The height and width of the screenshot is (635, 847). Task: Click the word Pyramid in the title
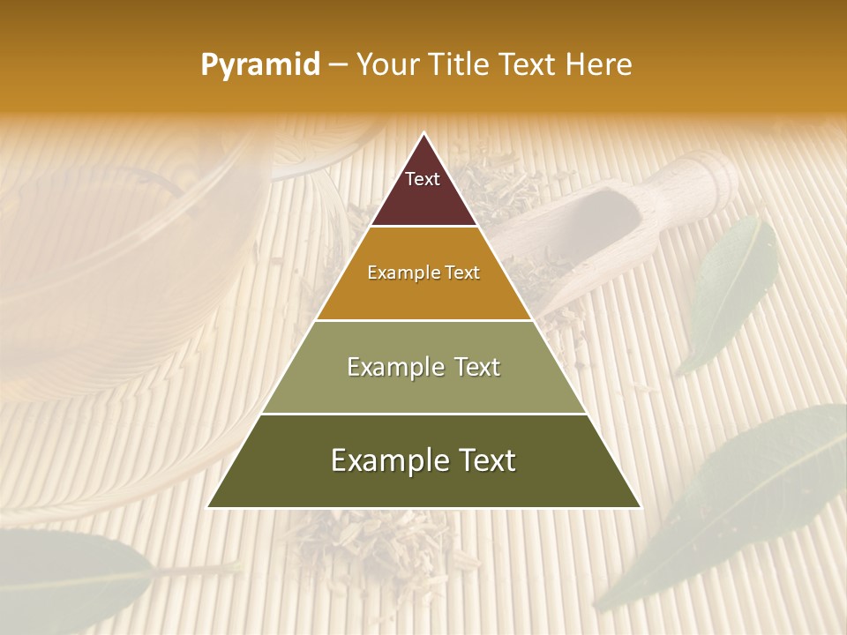pyautogui.click(x=260, y=65)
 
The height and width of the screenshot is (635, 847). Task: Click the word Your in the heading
pyautogui.click(x=386, y=65)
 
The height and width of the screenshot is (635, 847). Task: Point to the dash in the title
pyautogui.click(x=338, y=65)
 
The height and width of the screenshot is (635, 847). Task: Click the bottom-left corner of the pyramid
pyautogui.click(x=208, y=507)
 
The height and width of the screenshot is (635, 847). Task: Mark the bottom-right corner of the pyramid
pyautogui.click(x=641, y=507)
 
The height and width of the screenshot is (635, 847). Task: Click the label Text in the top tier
pyautogui.click(x=423, y=179)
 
